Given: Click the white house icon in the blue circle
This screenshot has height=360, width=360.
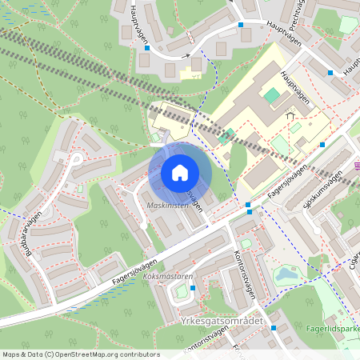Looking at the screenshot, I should click(180, 173).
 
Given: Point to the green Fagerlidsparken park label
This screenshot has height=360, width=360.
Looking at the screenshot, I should click(331, 328).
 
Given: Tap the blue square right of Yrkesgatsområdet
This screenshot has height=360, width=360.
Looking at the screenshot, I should click(274, 327).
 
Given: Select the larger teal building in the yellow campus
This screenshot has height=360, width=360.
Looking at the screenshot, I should click(272, 95).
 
